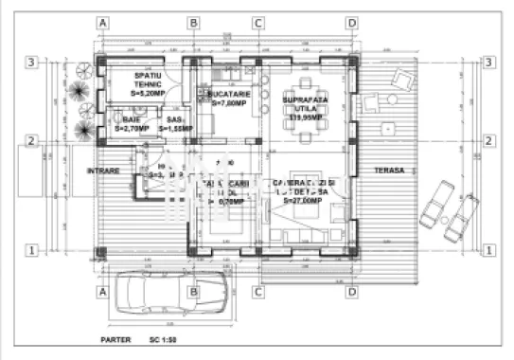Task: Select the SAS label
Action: (x=173, y=120)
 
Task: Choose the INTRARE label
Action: (x=103, y=171)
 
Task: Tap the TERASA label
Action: (x=388, y=171)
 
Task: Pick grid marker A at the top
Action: (x=103, y=22)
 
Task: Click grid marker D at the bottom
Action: (x=351, y=292)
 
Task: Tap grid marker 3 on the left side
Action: (x=31, y=63)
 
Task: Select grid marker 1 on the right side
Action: (x=488, y=250)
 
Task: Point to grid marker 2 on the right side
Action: (x=488, y=141)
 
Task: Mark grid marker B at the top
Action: (x=192, y=22)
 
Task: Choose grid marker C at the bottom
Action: (x=257, y=292)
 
